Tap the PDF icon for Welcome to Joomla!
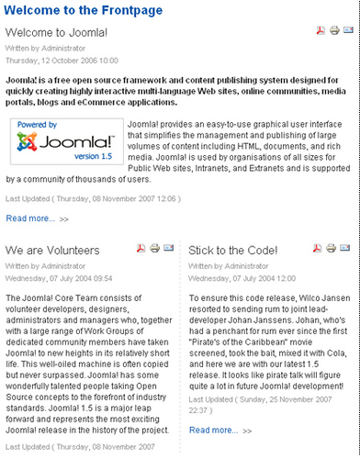pos(321,31)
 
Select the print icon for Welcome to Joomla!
pos(334,31)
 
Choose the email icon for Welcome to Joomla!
pos(348,31)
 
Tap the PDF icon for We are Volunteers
pos(141,249)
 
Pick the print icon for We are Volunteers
pos(154,249)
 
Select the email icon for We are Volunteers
pos(168,249)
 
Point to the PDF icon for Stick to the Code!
pos(318,249)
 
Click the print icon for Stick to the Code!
pos(332,249)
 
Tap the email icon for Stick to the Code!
pos(345,249)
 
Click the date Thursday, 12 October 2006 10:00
pos(62,59)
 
